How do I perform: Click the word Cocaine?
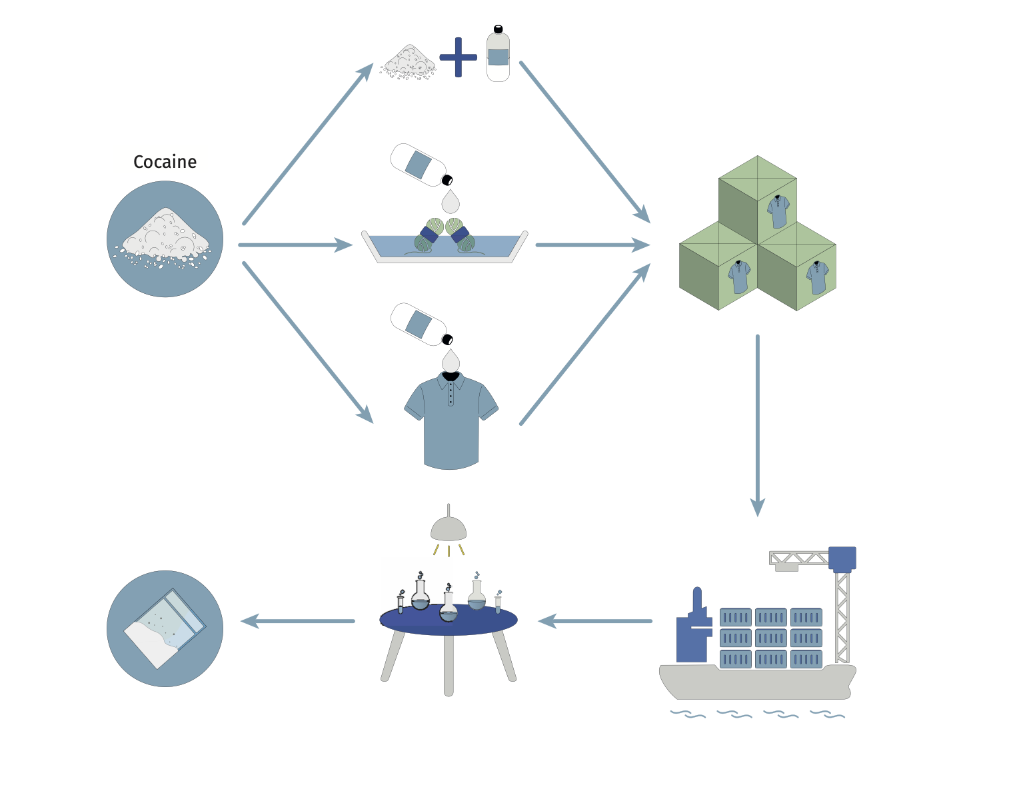[x=165, y=162]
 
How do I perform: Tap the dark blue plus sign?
[x=459, y=57]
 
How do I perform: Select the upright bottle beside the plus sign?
[x=498, y=55]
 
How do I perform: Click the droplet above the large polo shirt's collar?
[x=451, y=360]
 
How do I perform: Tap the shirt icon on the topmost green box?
[x=778, y=211]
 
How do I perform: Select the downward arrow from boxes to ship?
[x=758, y=426]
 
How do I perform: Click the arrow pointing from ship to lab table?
[x=594, y=622]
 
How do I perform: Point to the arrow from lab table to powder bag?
[x=297, y=622]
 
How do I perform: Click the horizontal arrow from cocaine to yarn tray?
[x=295, y=245]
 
